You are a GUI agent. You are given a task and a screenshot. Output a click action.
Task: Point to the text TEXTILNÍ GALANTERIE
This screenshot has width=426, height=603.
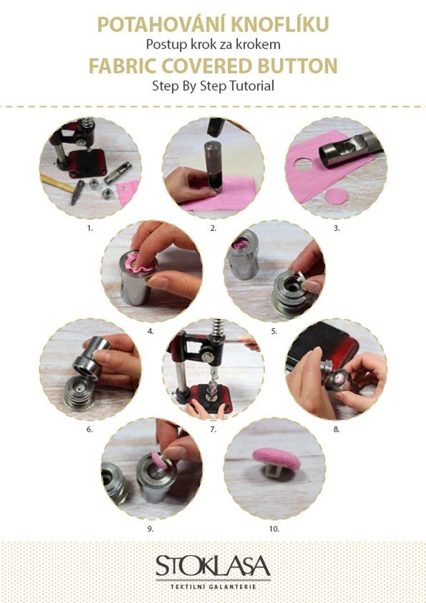pos(213,587)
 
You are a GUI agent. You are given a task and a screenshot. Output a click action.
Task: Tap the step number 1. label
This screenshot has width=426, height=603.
pos(89,228)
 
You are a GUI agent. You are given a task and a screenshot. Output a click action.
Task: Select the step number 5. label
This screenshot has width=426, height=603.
pos(274,331)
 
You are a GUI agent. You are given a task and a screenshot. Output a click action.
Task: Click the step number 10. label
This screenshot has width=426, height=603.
pos(274,529)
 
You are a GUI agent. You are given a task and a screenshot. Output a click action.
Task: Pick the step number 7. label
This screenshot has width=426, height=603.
pos(213,429)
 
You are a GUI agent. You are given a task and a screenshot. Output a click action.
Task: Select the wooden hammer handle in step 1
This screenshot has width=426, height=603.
pos(58,184)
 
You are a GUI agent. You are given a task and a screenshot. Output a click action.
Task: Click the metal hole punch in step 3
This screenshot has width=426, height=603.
pos(350,149)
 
